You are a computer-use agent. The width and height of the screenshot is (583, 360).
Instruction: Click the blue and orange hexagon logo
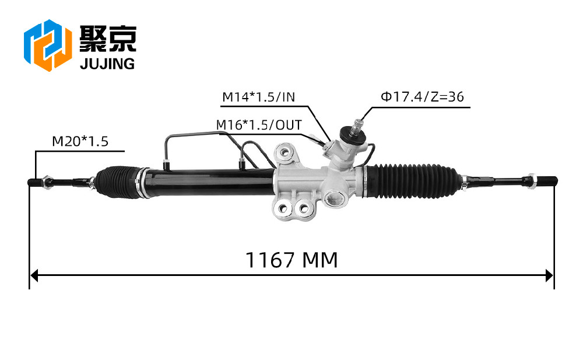(x=48, y=45)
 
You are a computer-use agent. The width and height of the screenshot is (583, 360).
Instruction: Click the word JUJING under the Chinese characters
(x=107, y=64)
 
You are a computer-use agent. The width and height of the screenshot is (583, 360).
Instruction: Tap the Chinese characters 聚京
(x=108, y=39)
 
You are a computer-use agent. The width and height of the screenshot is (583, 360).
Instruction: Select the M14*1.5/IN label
(x=258, y=97)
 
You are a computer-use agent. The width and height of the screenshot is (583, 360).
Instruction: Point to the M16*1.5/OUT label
(x=259, y=125)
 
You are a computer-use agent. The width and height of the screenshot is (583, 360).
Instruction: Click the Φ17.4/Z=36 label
(x=422, y=97)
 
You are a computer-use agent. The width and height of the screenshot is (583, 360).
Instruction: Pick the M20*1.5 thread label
(x=80, y=141)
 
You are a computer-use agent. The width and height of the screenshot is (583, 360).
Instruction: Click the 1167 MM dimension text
(x=291, y=260)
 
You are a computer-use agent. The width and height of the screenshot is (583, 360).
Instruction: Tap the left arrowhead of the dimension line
(x=34, y=276)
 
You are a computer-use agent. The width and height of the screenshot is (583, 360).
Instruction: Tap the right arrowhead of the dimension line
(x=550, y=276)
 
